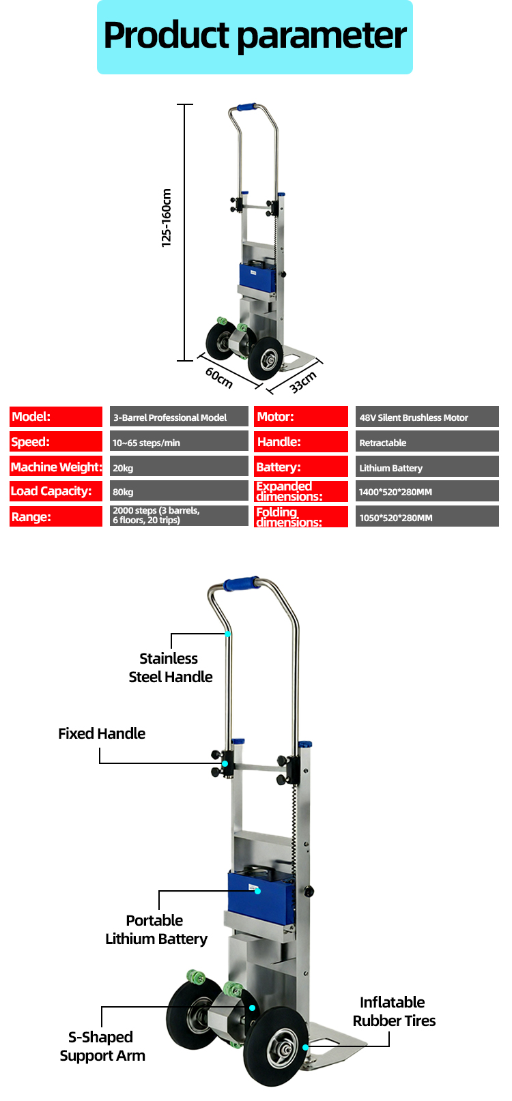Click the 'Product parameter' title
255,36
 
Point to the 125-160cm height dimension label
166,218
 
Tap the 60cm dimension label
219,377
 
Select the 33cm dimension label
303,382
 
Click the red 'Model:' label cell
56,417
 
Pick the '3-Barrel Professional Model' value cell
179,417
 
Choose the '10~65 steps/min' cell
179,442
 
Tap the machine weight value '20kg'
179,467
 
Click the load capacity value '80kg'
179,491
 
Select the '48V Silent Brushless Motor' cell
427,417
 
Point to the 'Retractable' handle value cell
427,442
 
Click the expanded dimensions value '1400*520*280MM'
427,491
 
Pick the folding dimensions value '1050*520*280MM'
427,517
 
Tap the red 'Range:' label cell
56,517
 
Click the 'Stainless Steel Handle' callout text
170,667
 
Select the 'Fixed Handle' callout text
102,733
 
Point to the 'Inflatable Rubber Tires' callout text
394,1011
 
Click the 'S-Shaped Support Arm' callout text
102,1046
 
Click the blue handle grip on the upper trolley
242,584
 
